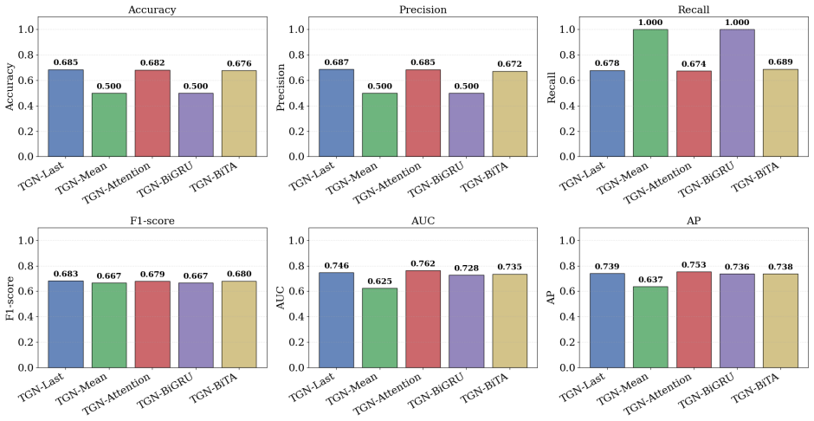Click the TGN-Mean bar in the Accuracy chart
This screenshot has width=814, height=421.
pos(109,125)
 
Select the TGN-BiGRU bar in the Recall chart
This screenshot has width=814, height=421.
pos(737,93)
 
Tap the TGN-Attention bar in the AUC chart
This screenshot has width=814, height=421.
pos(423,320)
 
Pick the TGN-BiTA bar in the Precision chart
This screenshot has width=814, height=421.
pos(510,113)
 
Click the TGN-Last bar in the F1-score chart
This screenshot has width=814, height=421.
pos(66,325)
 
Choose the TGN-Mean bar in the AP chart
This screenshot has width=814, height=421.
pos(650,327)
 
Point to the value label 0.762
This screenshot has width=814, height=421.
pos(423,263)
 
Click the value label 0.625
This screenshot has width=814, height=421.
pos(380,281)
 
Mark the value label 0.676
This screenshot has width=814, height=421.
pos(239,64)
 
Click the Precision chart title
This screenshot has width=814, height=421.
pos(423,10)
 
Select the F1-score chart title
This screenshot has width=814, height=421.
pos(152,221)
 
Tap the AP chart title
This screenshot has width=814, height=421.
pos(694,221)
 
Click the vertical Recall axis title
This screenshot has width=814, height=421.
pos(552,87)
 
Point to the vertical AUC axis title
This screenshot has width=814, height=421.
pos(281,298)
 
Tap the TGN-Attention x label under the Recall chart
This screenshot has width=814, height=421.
pos(658,184)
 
